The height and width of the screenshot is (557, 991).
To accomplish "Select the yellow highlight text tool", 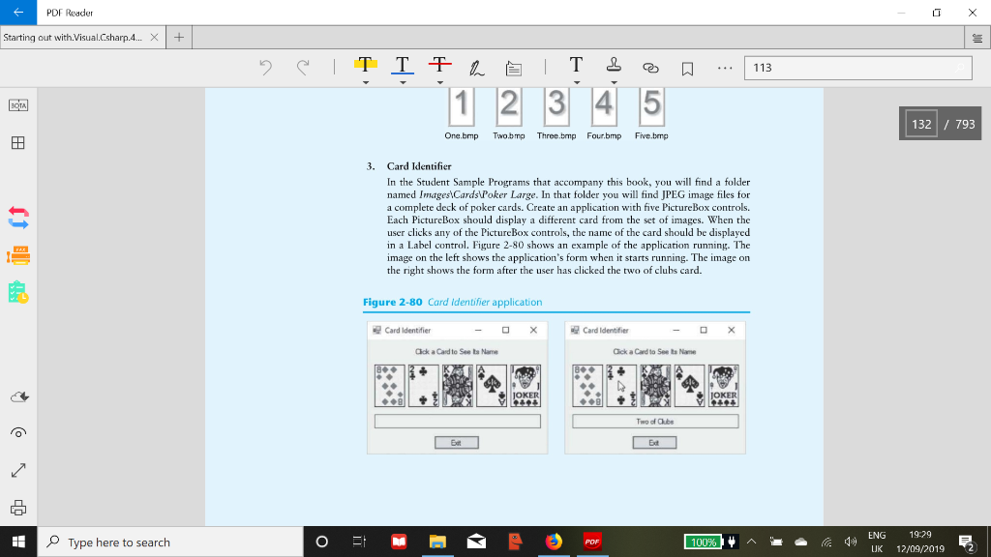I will click(x=365, y=66).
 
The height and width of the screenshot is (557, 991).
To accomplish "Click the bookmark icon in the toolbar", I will click(x=686, y=68).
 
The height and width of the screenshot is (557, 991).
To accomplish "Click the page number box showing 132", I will click(x=921, y=124).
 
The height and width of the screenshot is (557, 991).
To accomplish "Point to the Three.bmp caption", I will click(x=556, y=136).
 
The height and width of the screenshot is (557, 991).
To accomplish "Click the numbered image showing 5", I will click(x=650, y=104).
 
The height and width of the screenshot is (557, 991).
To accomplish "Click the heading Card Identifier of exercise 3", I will click(x=419, y=166).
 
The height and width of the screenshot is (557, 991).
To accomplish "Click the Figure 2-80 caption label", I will click(x=392, y=302).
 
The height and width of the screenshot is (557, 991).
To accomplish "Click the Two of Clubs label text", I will click(x=655, y=422).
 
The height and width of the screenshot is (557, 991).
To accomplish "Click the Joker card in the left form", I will click(x=526, y=386).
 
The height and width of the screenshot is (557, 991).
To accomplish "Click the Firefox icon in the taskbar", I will click(x=554, y=542).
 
